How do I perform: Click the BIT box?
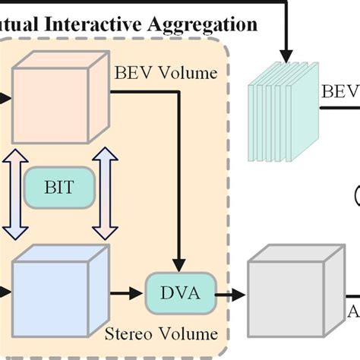[x=58, y=187]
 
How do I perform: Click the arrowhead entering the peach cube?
[x=5, y=97]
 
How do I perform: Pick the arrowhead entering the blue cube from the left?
[x=5, y=290]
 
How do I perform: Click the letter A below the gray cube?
[x=354, y=312]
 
